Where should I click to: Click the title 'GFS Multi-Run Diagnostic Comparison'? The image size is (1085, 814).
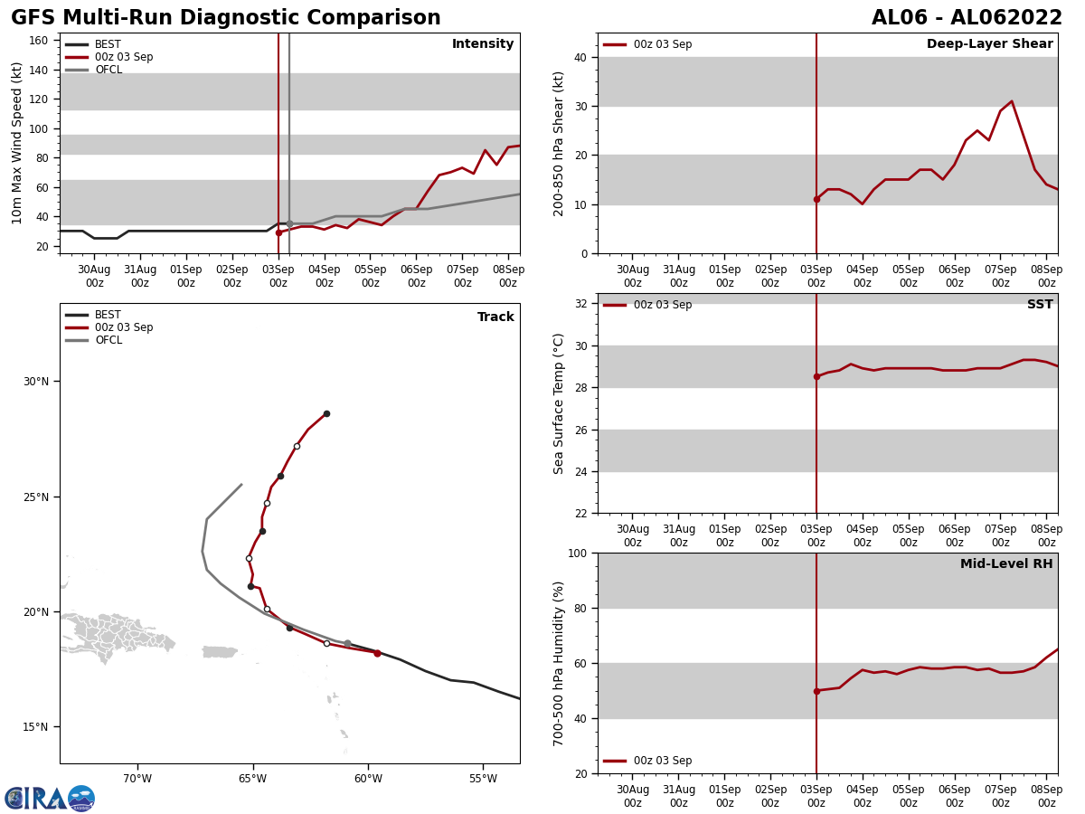(x=226, y=18)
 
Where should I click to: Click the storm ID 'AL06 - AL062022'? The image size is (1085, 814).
(x=967, y=18)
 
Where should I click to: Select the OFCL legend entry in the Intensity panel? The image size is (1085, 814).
(x=108, y=70)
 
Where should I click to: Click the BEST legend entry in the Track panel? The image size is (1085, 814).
(x=108, y=315)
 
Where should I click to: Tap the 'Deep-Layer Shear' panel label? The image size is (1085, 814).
(x=989, y=44)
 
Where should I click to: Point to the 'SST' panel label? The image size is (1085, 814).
(x=1040, y=305)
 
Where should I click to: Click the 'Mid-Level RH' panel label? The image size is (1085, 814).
(x=1006, y=564)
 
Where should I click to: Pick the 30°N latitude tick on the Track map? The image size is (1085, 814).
(x=36, y=382)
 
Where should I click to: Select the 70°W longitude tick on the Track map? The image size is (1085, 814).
(x=137, y=779)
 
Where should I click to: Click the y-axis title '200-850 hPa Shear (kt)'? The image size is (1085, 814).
(x=560, y=143)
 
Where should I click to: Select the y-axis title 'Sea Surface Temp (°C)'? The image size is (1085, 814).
(x=560, y=403)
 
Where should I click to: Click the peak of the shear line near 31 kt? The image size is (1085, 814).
(x=1011, y=101)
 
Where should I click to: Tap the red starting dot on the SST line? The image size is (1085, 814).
(x=816, y=376)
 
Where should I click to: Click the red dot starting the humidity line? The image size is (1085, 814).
(x=816, y=691)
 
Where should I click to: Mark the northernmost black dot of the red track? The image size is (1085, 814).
(x=326, y=413)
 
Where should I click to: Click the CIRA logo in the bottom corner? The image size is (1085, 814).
(x=50, y=799)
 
